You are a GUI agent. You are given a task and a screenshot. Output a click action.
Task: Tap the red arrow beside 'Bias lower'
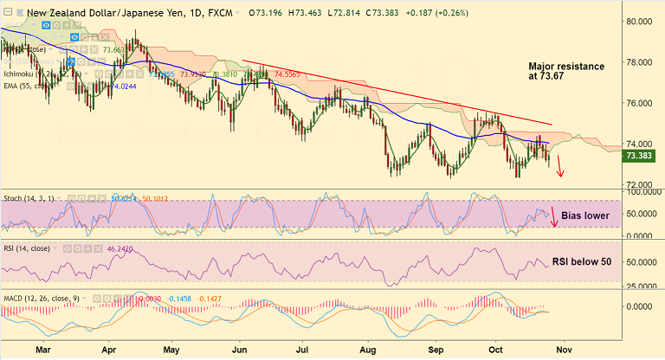(555, 215)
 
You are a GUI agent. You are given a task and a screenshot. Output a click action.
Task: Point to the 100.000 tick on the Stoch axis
(642, 190)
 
